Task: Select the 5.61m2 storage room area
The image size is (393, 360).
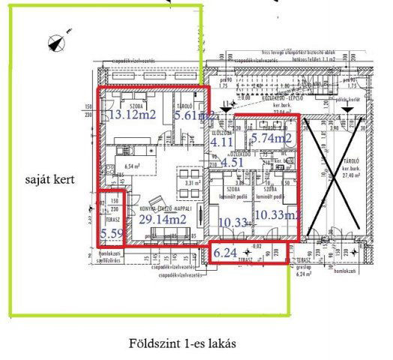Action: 194,116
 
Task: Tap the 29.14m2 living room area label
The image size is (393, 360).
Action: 163,219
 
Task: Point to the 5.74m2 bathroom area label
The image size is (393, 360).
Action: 271,138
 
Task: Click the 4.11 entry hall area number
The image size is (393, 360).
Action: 222,140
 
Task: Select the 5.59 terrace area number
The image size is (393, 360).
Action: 112,234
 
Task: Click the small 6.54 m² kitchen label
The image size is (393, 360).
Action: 132,167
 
